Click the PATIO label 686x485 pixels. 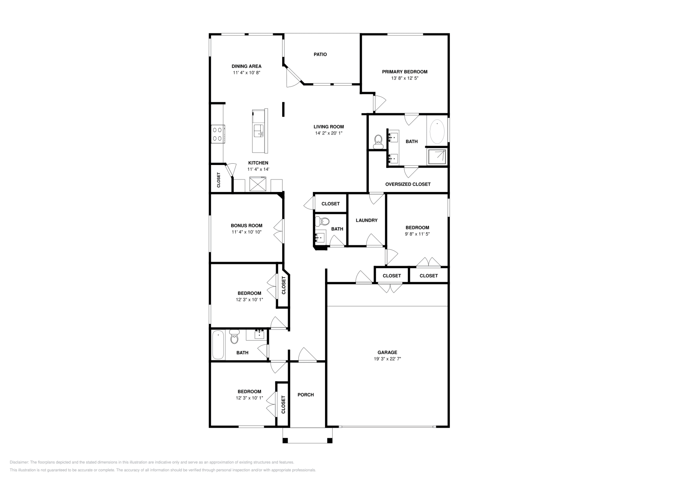pos(320,54)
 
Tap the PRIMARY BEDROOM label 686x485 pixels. pos(405,72)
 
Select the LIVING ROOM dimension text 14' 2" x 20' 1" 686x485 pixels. pos(328,133)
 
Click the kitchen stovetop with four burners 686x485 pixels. pos(218,134)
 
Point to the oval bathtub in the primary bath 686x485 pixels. pos(437,132)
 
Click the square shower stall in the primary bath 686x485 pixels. pos(437,157)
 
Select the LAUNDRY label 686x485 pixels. pos(367,220)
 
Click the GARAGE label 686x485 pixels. pos(388,353)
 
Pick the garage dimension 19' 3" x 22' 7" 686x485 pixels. pos(388,359)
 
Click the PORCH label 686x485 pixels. pos(306,395)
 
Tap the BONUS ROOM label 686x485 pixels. pos(247,226)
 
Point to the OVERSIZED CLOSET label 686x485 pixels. pos(408,184)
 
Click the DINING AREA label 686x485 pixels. pos(247,66)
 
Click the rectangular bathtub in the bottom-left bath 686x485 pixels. pos(218,345)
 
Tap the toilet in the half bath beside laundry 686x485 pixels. pos(322,221)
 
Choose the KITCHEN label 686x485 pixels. pos(258,163)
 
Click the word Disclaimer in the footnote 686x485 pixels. pos(19,462)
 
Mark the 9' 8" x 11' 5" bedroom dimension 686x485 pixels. pos(418,234)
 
